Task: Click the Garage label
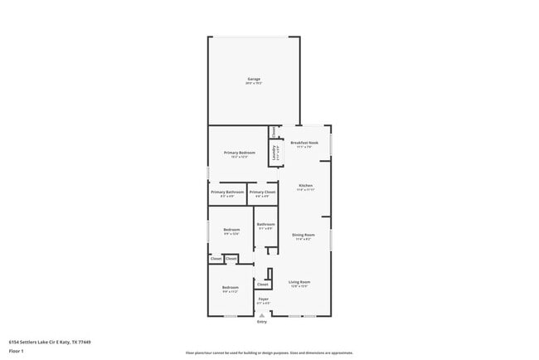(253, 80)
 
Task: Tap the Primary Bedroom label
(240, 153)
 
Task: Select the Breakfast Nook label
(305, 143)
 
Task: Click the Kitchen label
(305, 185)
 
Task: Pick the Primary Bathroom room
(227, 193)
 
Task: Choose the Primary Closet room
(261, 193)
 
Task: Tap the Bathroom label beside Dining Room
(265, 225)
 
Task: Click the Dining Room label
(303, 235)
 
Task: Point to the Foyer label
(263, 299)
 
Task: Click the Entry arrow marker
(263, 314)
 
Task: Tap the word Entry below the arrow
(262, 322)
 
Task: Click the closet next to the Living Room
(262, 284)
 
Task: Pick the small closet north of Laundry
(274, 130)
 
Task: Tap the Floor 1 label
(16, 352)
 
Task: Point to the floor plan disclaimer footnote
(269, 353)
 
